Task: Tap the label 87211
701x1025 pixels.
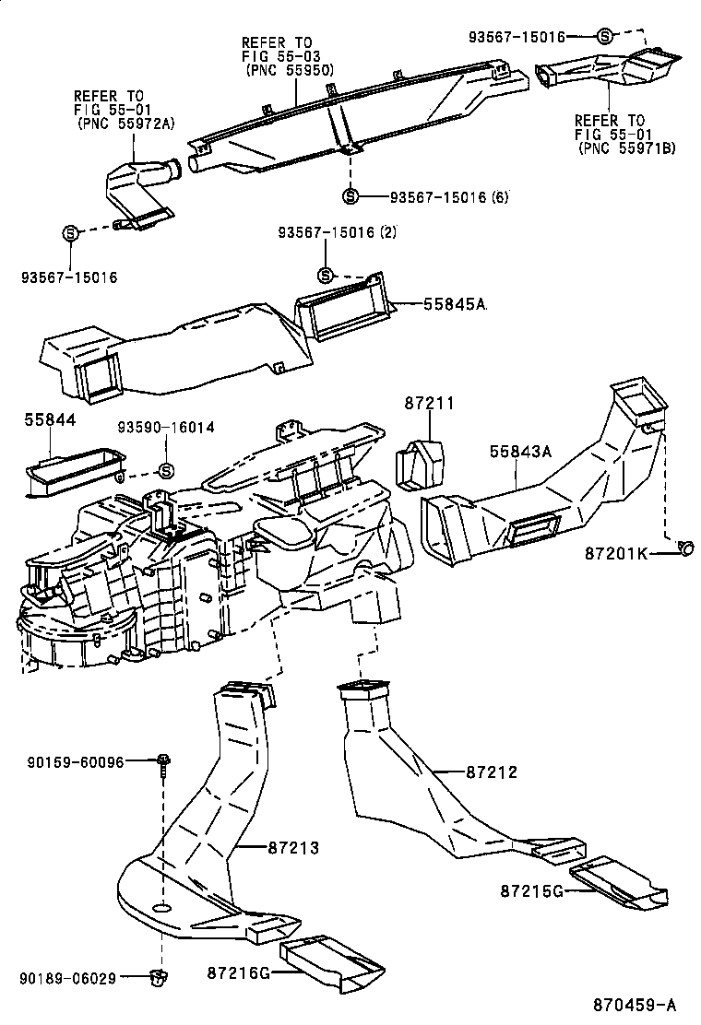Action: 429,403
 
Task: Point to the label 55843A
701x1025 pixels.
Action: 520,451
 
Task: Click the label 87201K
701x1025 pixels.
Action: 616,553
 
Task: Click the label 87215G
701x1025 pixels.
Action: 531,890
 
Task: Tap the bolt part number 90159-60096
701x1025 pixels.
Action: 76,761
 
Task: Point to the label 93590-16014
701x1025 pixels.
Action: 166,428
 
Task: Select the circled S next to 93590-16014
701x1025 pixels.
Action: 166,471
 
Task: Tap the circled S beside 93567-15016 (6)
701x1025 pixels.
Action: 350,195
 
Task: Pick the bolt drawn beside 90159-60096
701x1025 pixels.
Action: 163,764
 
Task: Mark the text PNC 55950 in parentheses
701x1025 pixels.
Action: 289,70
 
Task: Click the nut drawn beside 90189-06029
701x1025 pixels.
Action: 157,976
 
